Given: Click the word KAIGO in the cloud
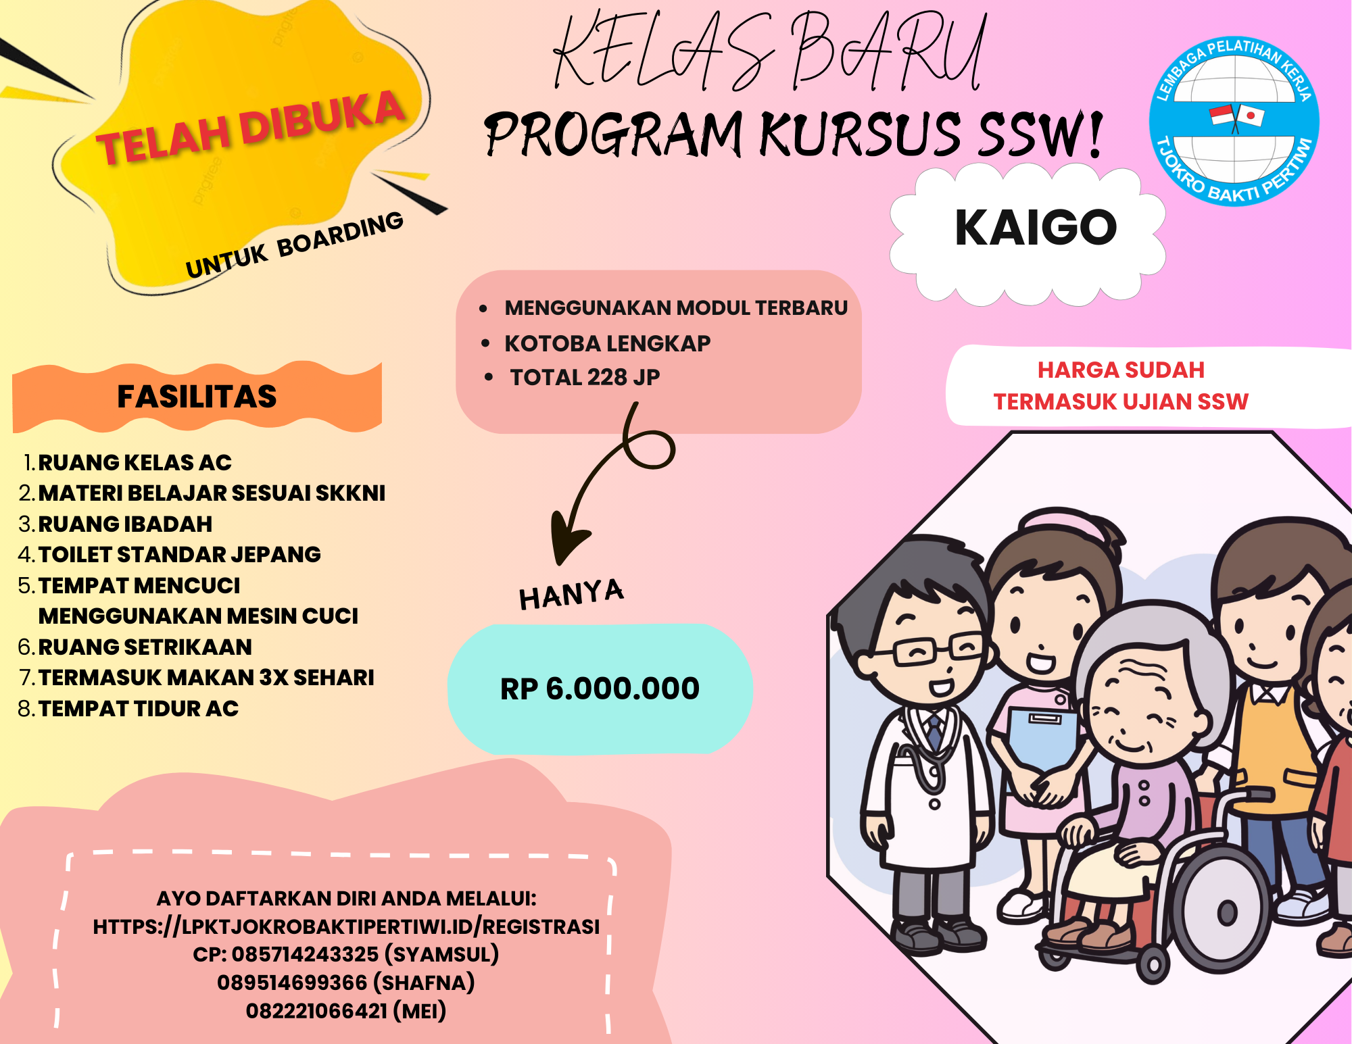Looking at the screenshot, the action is point(1036,228).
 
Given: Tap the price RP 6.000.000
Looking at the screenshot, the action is point(600,689).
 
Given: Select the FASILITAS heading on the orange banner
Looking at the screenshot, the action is point(197,396).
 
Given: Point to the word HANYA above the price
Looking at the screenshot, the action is point(571,594).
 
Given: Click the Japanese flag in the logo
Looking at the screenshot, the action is point(1250,116).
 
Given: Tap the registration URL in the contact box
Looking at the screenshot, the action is point(346,926).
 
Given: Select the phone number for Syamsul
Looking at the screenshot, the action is point(305,954).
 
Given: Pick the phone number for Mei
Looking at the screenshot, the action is point(316,1011).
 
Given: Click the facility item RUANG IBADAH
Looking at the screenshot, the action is point(125,524).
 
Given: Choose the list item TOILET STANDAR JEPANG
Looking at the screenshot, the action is point(179,554).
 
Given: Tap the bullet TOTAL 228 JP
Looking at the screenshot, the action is point(585,377).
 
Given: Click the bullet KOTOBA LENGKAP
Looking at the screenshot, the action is point(608,343).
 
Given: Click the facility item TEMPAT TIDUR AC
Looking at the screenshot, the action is point(138,708).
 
